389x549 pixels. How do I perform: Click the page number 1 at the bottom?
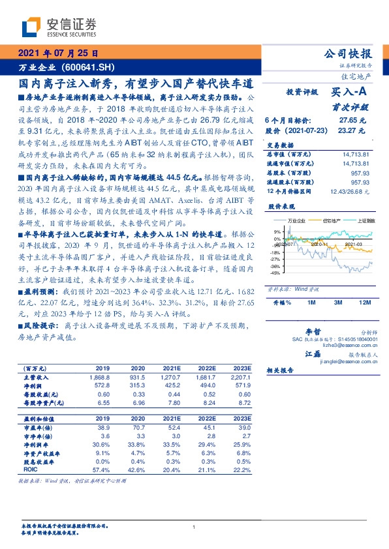coord(194,527)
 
